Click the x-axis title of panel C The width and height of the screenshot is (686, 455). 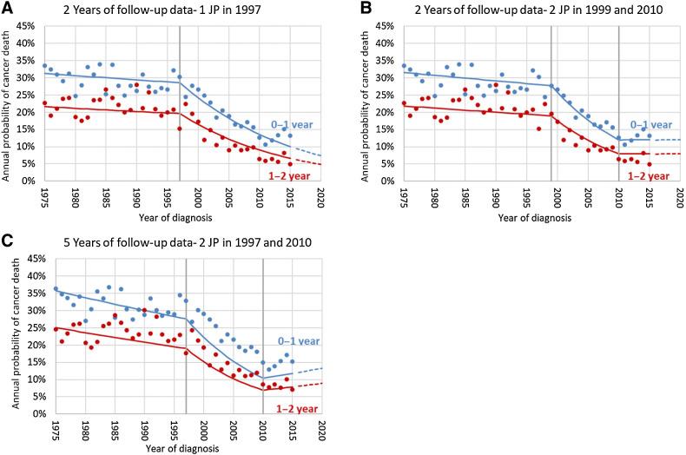point(182,448)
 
